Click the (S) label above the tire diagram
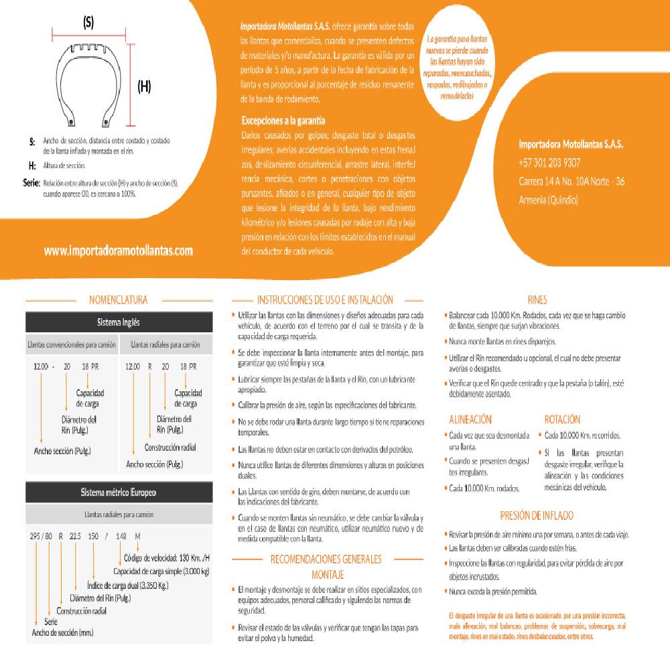pyautogui.click(x=88, y=23)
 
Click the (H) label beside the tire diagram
pyautogui.click(x=143, y=86)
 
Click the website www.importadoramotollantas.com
pyautogui.click(x=119, y=251)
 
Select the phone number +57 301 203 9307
pyautogui.click(x=549, y=163)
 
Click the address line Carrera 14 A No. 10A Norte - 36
pyautogui.click(x=572, y=182)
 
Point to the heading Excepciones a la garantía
pyautogui.click(x=283, y=121)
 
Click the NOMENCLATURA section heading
pyautogui.click(x=118, y=300)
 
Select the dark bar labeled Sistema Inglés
pyautogui.click(x=119, y=322)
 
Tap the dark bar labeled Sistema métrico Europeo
pyautogui.click(x=119, y=493)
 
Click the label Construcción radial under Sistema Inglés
pyautogui.click(x=170, y=447)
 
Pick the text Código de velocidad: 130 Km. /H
pyautogui.click(x=167, y=559)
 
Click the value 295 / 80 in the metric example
pyautogui.click(x=41, y=535)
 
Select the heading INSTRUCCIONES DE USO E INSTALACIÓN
pyautogui.click(x=325, y=300)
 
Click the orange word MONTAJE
pyautogui.click(x=328, y=575)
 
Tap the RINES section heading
pyautogui.click(x=537, y=300)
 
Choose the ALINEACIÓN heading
pyautogui.click(x=470, y=419)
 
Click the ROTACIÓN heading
pyautogui.click(x=562, y=419)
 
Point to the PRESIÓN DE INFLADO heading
pyautogui.click(x=537, y=516)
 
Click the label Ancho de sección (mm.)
pyautogui.click(x=62, y=632)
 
